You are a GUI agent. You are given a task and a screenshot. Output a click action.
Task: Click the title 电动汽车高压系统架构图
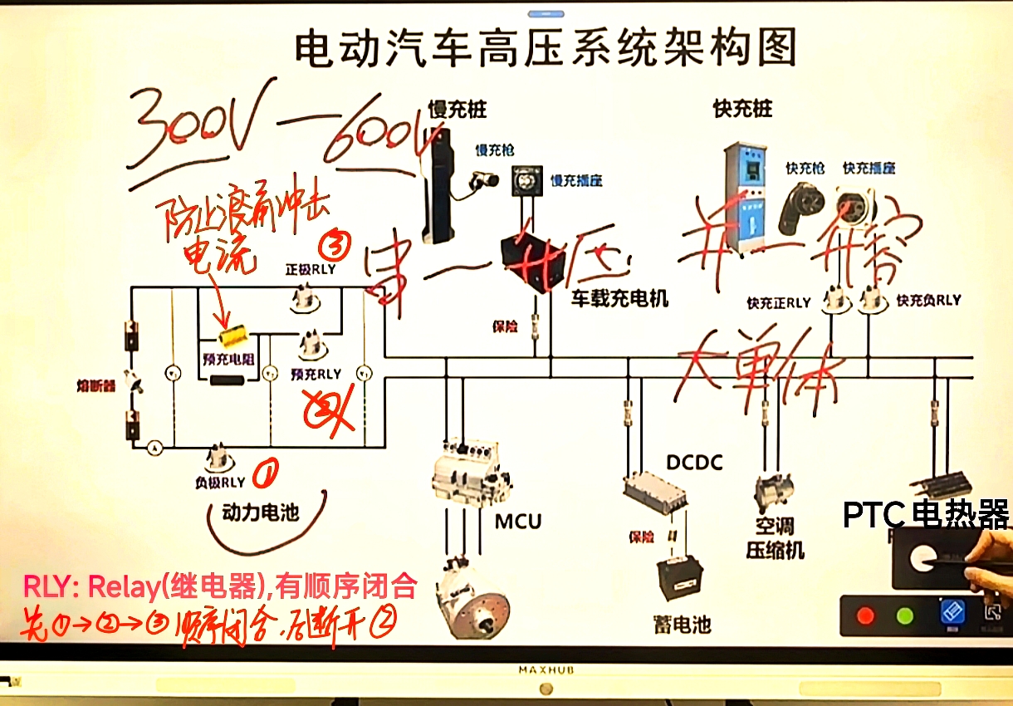click(546, 47)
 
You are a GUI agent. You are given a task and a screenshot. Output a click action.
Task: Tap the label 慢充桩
click(457, 109)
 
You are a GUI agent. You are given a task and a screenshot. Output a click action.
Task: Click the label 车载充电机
click(619, 298)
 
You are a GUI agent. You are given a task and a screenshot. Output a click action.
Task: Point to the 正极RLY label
click(309, 269)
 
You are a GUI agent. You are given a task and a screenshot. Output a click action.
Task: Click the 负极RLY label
click(220, 482)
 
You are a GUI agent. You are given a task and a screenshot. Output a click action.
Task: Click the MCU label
click(518, 522)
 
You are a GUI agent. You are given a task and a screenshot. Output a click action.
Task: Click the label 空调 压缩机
click(775, 537)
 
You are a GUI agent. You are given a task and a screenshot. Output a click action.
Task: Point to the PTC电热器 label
click(926, 515)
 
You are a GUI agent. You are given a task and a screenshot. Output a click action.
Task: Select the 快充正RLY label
click(778, 302)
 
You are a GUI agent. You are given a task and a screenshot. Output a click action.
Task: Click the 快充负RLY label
click(928, 301)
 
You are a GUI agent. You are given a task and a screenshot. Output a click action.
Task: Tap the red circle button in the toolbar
click(866, 616)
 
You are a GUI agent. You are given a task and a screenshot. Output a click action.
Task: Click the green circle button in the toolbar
click(905, 616)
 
